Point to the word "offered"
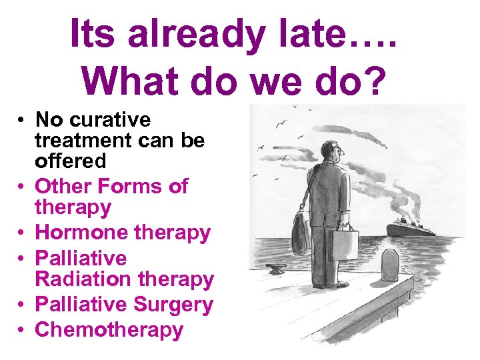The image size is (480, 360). (70, 161)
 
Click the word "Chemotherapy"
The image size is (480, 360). (109, 330)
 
